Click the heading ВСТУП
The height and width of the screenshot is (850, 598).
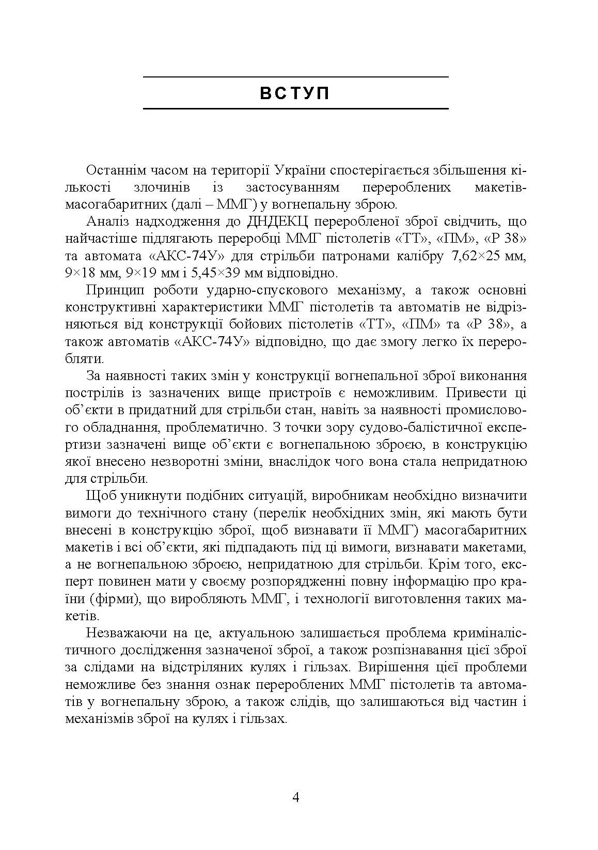[295, 93]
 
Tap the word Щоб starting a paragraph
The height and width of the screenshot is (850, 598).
[101, 496]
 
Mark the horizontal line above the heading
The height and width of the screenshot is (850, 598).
[295, 77]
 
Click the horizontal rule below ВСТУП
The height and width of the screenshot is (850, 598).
[295, 109]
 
